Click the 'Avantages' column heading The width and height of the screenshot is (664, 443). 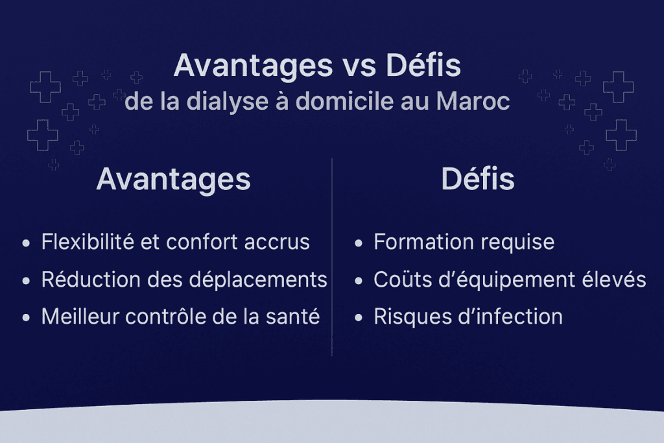173,180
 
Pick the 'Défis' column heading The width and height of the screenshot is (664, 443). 478,180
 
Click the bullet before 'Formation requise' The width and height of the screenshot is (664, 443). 359,244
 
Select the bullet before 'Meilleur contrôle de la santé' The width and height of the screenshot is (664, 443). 26,318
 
